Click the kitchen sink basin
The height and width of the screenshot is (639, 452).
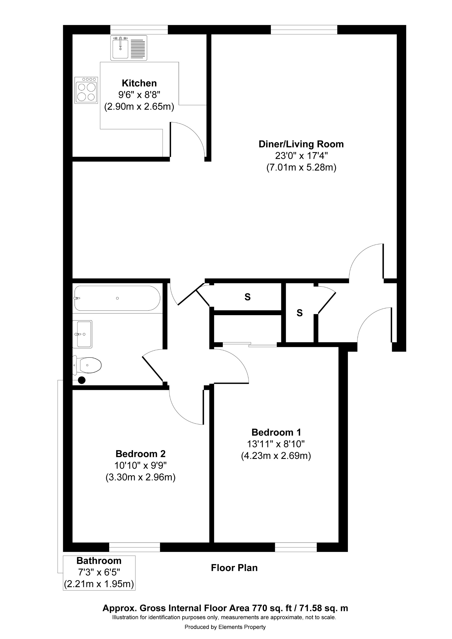[120, 49]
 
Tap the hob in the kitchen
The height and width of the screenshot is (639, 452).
[86, 90]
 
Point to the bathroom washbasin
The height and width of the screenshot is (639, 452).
[83, 334]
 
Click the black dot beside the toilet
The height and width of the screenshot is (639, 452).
[82, 380]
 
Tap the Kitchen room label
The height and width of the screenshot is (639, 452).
[139, 83]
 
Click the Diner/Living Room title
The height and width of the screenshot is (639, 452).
[301, 144]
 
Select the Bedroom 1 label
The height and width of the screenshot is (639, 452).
[276, 432]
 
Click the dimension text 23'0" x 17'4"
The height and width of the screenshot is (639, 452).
[301, 156]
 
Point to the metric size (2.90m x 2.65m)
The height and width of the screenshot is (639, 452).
[139, 106]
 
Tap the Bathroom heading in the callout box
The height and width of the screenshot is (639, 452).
[99, 560]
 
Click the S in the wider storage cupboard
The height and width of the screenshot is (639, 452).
[247, 297]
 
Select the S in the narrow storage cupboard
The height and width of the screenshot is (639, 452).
[299, 313]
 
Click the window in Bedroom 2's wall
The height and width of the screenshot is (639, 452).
[135, 547]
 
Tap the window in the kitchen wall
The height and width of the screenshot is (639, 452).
[139, 29]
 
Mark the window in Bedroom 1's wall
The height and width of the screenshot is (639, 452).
[296, 547]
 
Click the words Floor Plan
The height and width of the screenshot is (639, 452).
[234, 568]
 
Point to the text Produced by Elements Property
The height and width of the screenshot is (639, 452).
[225, 627]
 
